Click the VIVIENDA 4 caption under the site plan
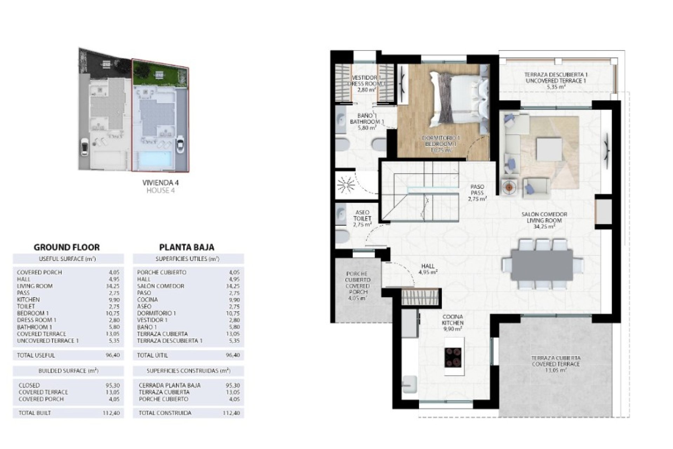[x=160, y=183]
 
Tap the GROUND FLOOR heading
[x=67, y=247]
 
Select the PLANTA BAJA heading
[x=186, y=247]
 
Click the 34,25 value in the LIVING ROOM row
[x=112, y=286]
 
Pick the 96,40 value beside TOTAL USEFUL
[x=112, y=355]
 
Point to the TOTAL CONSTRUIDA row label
[x=165, y=413]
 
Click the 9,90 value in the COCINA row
[x=233, y=300]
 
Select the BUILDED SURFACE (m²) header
[x=68, y=371]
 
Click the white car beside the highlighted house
[x=181, y=144]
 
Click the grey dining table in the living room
[x=542, y=264]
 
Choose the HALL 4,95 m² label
[x=428, y=269]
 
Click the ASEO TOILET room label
[x=362, y=219]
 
